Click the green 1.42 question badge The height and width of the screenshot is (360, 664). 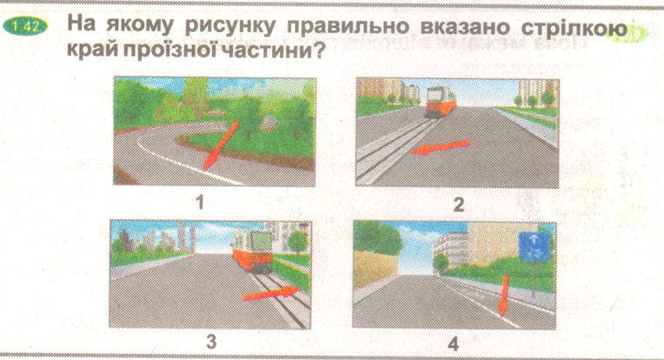tap(25, 27)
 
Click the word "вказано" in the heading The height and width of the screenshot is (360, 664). tap(465, 27)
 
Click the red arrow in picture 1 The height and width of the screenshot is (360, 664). tap(221, 145)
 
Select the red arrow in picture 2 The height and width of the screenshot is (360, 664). tap(441, 147)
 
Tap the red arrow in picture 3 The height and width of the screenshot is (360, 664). tap(271, 293)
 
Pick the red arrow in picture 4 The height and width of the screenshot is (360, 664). tap(503, 296)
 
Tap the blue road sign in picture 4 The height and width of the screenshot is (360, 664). tap(535, 246)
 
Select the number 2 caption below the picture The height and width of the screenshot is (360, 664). tap(459, 204)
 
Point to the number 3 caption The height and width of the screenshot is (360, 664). tap(211, 341)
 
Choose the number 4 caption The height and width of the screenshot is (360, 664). tap(453, 343)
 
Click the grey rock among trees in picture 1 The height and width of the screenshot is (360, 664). tap(268, 123)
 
